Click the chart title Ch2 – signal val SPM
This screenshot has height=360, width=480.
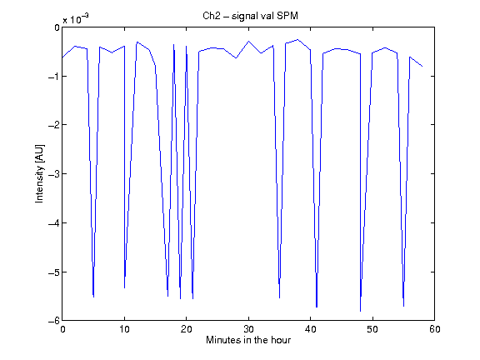click(250, 16)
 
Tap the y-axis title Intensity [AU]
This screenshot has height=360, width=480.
click(39, 173)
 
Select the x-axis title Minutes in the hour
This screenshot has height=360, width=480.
click(248, 340)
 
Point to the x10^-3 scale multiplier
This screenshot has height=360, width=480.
click(76, 18)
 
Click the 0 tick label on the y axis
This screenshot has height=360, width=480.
click(57, 27)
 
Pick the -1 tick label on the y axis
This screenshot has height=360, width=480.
click(54, 76)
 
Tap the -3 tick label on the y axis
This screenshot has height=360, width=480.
click(54, 174)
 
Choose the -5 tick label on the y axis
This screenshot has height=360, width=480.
click(54, 272)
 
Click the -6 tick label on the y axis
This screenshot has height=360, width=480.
click(54, 321)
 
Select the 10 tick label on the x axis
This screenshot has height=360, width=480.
click(124, 329)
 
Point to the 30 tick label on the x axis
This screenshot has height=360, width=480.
click(248, 329)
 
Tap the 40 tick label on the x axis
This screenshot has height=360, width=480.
click(310, 329)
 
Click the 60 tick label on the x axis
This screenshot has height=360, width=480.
click(435, 329)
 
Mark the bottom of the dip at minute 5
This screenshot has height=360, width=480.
click(93, 297)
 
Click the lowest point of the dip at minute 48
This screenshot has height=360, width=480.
click(360, 312)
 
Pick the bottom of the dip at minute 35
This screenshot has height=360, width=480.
click(279, 297)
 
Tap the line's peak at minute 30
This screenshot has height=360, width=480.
click(248, 41)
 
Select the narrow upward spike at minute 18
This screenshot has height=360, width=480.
click(174, 44)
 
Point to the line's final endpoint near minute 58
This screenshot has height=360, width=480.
click(422, 66)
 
